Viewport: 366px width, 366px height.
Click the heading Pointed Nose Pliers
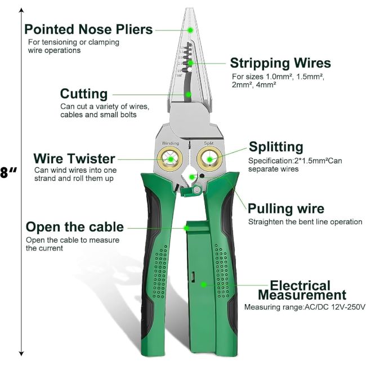(88, 30)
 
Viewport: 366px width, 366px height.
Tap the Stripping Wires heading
(280, 63)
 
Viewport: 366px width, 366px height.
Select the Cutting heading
(84, 94)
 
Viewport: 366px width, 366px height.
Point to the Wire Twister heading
(74, 159)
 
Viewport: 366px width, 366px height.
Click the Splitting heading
(276, 148)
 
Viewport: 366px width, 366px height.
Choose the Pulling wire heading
(286, 209)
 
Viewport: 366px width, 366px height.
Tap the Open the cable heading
(75, 227)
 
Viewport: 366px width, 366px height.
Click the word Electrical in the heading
(300, 285)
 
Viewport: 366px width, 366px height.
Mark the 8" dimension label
(8, 173)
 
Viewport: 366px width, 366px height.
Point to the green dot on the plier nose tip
(190, 30)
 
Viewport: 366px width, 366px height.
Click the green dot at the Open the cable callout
(186, 228)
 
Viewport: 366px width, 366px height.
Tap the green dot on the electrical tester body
(203, 285)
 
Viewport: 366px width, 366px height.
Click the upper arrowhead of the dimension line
(21, 10)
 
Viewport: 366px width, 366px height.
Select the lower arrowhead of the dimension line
(21, 354)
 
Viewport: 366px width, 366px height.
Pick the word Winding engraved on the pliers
(171, 144)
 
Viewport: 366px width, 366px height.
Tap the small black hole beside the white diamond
(202, 176)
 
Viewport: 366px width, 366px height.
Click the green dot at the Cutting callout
(188, 95)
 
